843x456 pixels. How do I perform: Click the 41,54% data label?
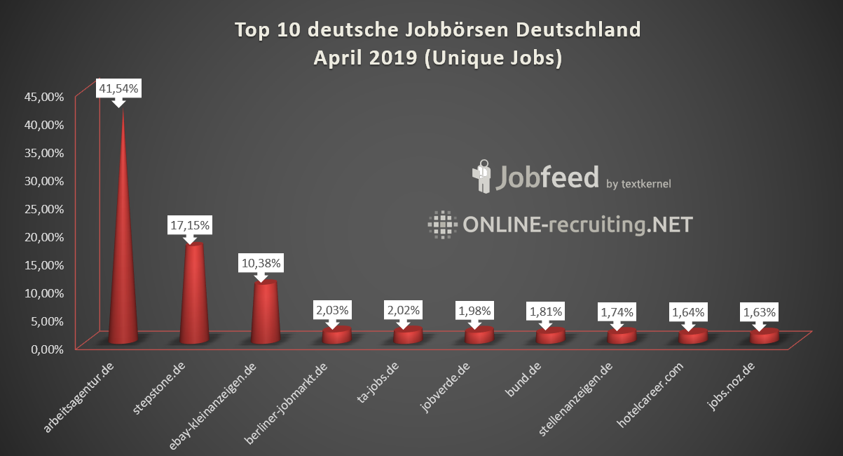[x=118, y=89]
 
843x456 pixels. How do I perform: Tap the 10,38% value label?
[x=261, y=264]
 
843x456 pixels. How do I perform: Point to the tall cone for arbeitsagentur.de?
[x=123, y=267]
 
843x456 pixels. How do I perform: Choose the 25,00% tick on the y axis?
[x=44, y=208]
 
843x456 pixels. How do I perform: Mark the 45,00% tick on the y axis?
[x=44, y=96]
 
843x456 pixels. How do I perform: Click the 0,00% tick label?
[x=47, y=349]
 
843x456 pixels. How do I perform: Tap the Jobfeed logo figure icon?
[x=482, y=177]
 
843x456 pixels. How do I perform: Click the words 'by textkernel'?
[x=638, y=184]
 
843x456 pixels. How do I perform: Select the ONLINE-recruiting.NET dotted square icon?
[x=442, y=224]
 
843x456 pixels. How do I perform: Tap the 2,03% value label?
[x=332, y=309]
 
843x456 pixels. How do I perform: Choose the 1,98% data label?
[x=474, y=309]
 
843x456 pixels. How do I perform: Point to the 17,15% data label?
[x=190, y=226]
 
